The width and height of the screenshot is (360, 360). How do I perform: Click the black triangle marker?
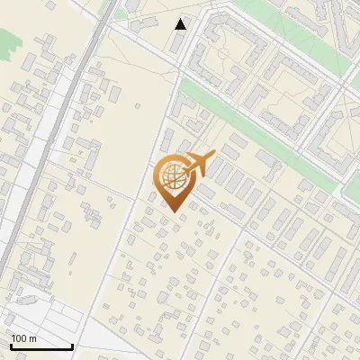pyautogui.click(x=181, y=24)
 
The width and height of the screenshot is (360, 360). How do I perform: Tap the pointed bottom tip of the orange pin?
pyautogui.click(x=174, y=211)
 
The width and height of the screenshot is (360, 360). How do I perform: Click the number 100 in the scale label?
pyautogui.click(x=18, y=338)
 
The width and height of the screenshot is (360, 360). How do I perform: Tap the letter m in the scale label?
pyautogui.click(x=32, y=338)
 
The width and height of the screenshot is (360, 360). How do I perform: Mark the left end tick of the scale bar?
pyautogui.click(x=10, y=346)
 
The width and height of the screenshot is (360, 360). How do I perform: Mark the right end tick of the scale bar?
pyautogui.click(x=72, y=346)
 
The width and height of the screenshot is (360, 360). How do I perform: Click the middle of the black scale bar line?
pyautogui.click(x=40, y=347)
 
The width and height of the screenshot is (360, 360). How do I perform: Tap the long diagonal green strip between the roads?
pyautogui.click(x=261, y=135)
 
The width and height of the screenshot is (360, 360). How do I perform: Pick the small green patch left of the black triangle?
pyautogui.click(x=121, y=14)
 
